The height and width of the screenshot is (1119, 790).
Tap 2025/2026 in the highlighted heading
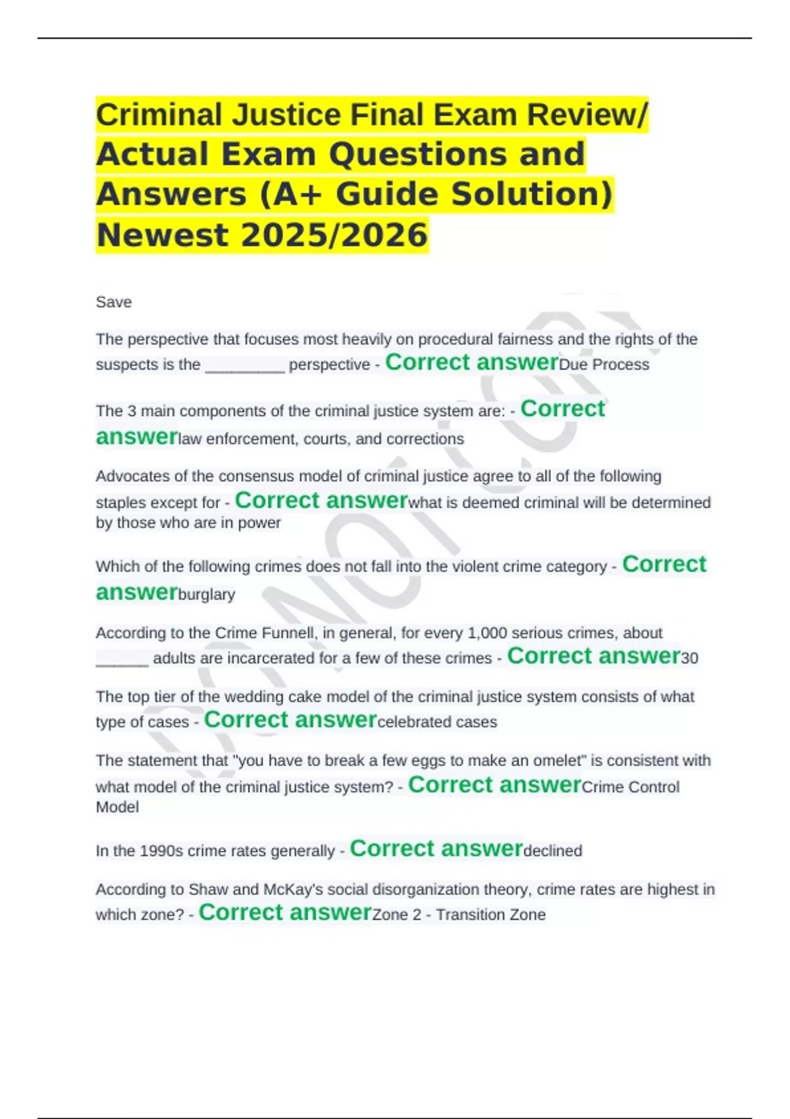point(334,235)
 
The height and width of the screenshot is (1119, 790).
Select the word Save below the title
point(114,302)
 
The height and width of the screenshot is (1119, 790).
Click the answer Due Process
point(604,365)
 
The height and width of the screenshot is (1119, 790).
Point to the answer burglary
point(207,594)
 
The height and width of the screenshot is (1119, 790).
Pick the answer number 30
point(689,658)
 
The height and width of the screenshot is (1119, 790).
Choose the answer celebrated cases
point(437,722)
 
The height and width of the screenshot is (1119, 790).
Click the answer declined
point(552,851)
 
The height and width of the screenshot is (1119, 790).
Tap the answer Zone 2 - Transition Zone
point(459,915)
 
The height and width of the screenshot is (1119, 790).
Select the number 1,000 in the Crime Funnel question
point(487,633)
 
